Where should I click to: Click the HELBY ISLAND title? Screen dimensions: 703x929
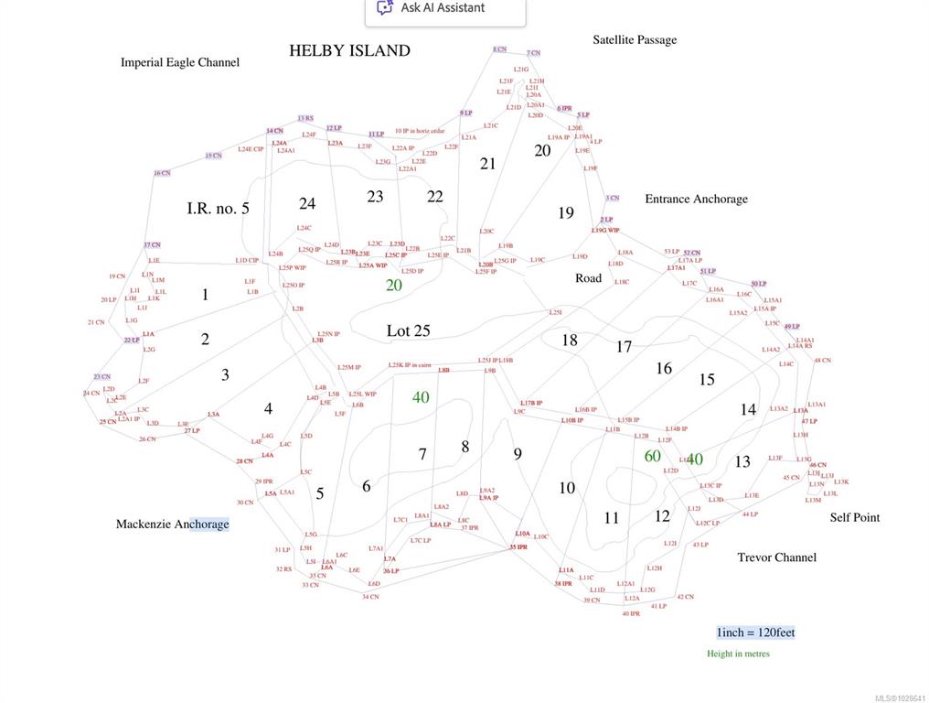(x=349, y=50)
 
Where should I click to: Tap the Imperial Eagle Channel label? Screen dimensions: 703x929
(x=180, y=62)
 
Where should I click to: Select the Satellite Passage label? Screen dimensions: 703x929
(x=635, y=39)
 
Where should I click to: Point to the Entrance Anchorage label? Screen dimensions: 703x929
(x=696, y=199)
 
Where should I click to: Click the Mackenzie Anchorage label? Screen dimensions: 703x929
(x=172, y=525)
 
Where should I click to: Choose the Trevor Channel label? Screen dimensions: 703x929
(x=776, y=557)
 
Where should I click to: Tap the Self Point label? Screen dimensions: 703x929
(x=854, y=517)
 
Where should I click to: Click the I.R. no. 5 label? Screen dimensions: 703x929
(x=218, y=209)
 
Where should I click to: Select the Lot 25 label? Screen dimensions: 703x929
(x=408, y=330)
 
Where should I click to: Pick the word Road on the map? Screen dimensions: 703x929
(x=588, y=277)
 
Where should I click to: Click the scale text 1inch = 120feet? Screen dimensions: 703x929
(x=755, y=633)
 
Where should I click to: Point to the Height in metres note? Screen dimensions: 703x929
(x=738, y=654)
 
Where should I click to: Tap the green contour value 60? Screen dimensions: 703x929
(x=652, y=456)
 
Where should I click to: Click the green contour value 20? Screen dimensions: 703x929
(x=393, y=285)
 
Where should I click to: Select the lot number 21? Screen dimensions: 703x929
(x=487, y=164)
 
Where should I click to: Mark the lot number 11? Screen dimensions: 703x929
(x=612, y=518)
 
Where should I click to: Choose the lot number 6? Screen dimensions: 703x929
(x=366, y=486)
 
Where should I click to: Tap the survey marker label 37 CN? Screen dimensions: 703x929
(x=152, y=244)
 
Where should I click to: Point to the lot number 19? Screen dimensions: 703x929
(x=566, y=213)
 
